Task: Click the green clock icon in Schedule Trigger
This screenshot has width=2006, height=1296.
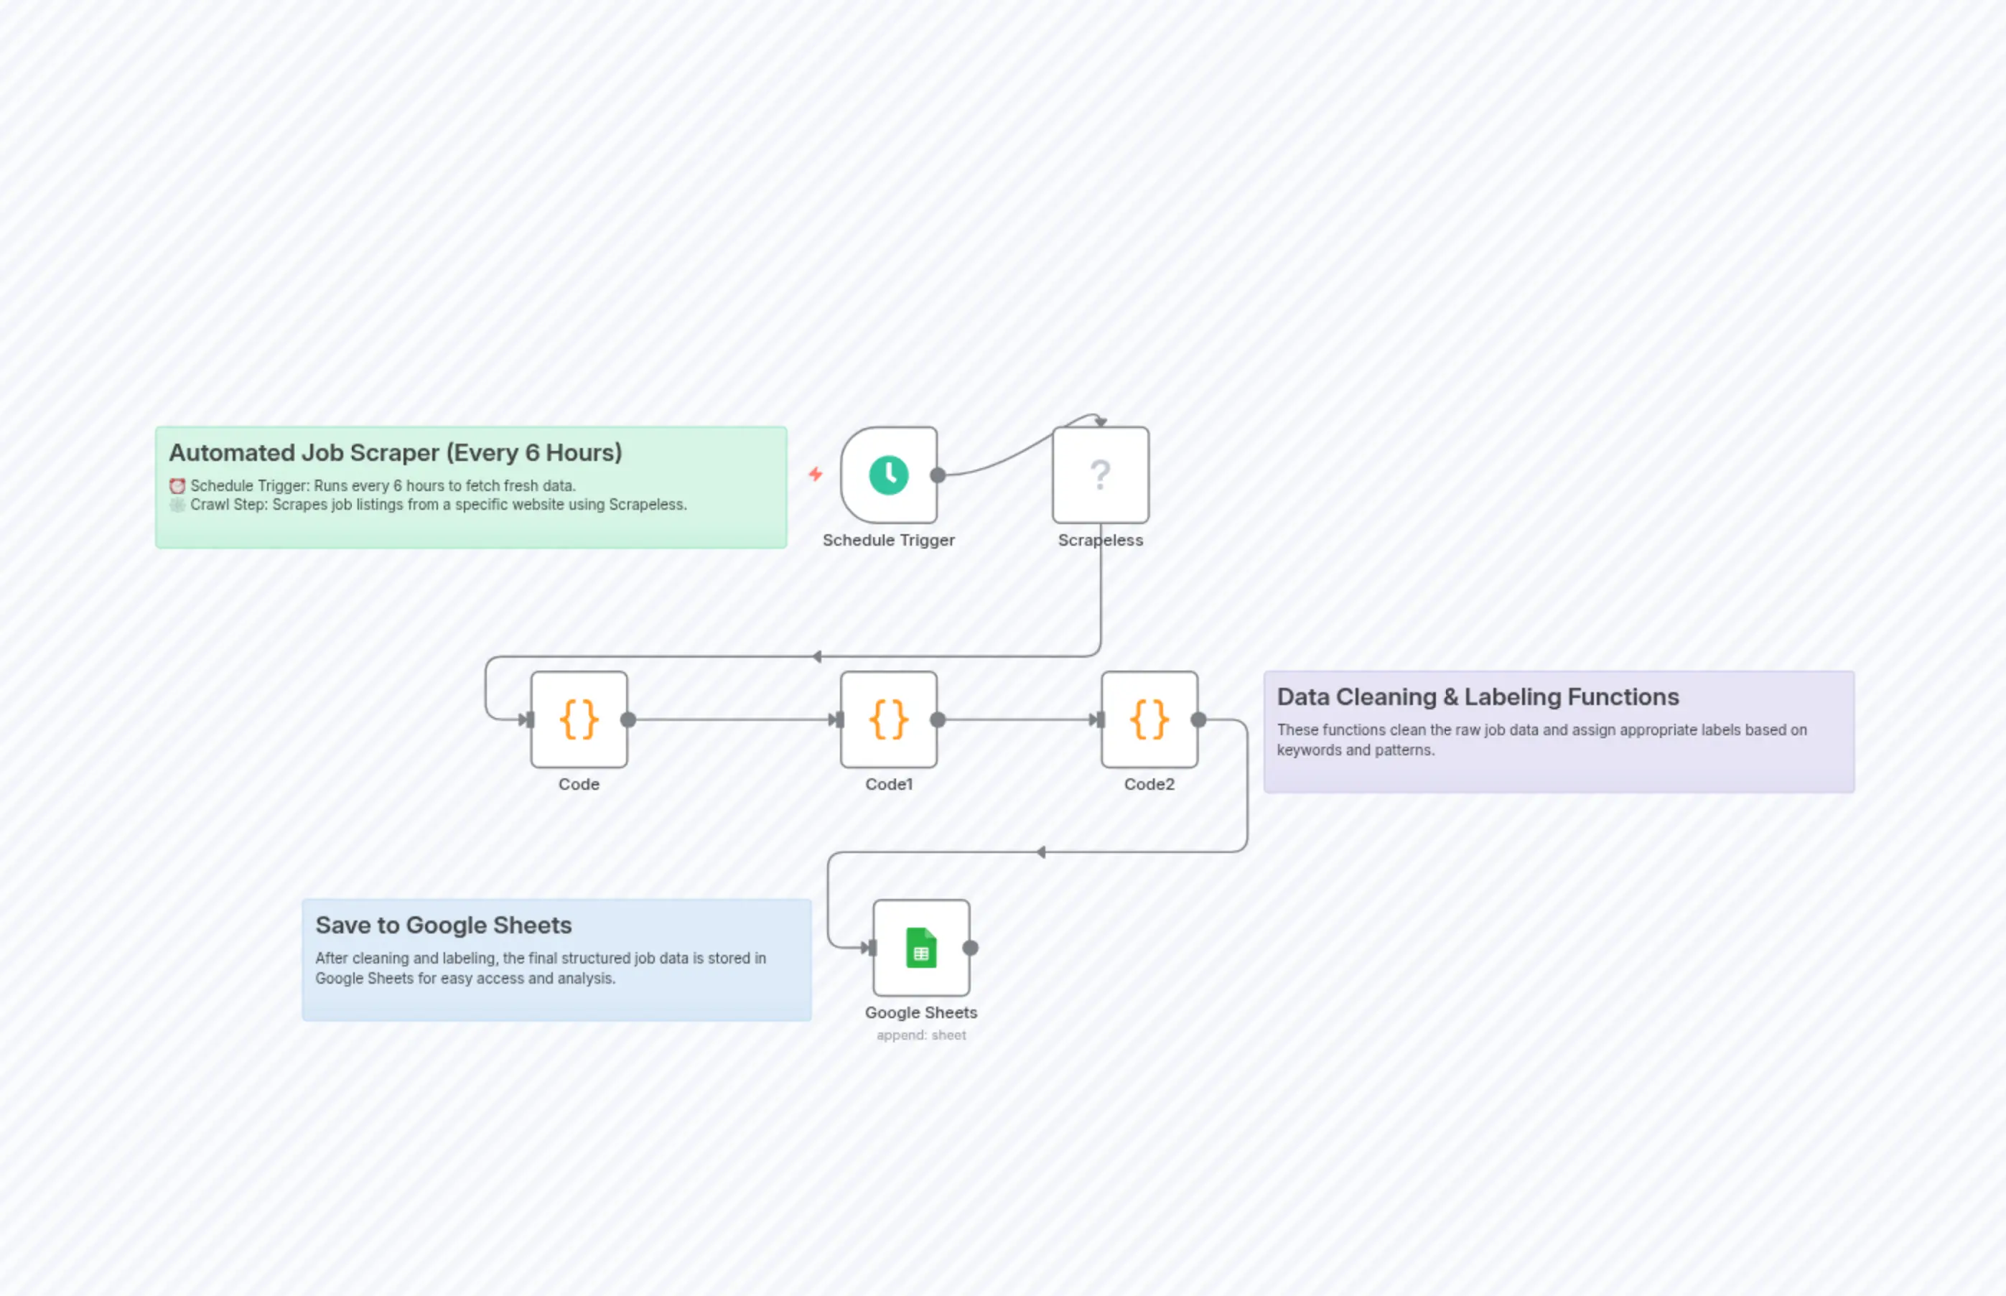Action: coord(889,475)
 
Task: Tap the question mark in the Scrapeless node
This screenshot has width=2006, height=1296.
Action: coord(1100,475)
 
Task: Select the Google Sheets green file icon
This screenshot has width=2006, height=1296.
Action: coord(920,948)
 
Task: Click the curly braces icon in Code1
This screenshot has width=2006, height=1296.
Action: coord(889,719)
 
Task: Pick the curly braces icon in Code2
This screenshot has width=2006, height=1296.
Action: coord(1149,719)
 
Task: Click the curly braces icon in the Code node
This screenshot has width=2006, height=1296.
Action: coord(579,719)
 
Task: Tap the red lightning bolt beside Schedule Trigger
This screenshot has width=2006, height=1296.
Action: coord(816,475)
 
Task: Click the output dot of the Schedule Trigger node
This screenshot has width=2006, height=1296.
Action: coord(938,475)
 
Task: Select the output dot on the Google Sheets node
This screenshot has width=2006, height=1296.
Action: coord(970,948)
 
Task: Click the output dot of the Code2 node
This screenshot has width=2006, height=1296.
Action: coord(1198,719)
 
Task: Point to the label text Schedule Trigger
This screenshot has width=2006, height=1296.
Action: coord(889,540)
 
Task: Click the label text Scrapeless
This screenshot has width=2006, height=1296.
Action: coord(1100,540)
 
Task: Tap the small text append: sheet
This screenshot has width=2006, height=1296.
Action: coord(920,1035)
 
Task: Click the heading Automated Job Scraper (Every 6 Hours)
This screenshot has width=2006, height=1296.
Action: coord(396,453)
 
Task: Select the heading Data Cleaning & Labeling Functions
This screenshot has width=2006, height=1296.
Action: coord(1478,696)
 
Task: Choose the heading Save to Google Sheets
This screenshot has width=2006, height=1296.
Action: coord(444,925)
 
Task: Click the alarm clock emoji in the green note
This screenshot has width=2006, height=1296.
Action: coord(177,485)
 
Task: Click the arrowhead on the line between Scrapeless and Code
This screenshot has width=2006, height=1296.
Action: coord(817,656)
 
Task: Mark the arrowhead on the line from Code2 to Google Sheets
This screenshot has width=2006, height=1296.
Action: coord(1041,852)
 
